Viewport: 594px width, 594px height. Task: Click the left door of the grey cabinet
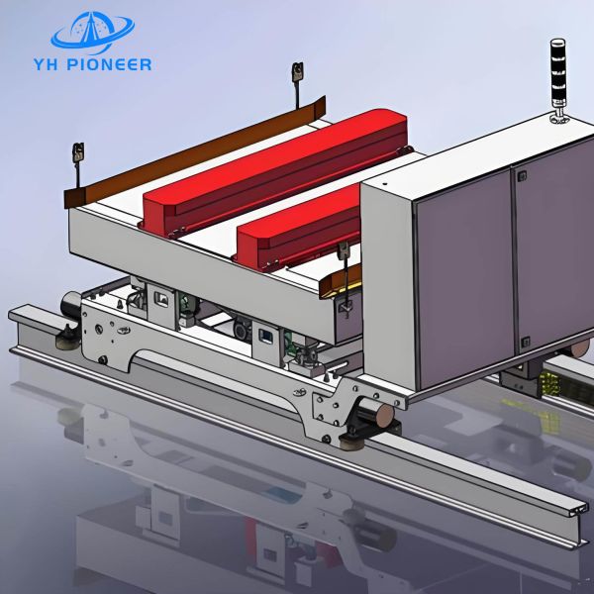pyautogui.click(x=462, y=287)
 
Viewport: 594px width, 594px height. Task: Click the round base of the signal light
pyautogui.click(x=558, y=120)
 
